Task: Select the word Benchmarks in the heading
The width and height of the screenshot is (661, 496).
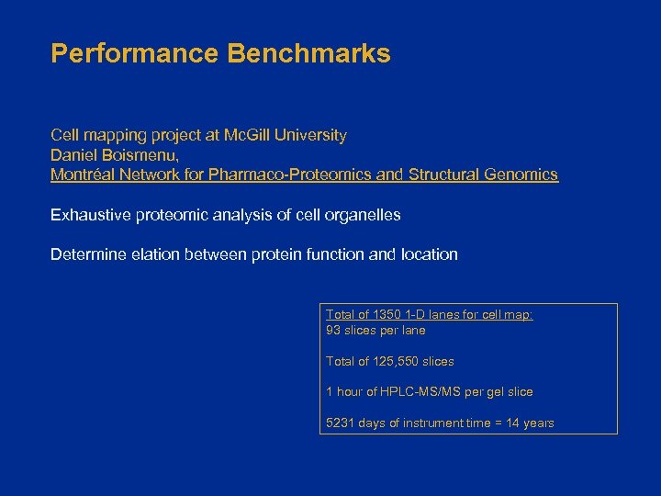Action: tap(308, 53)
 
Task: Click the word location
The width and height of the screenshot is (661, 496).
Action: tap(429, 254)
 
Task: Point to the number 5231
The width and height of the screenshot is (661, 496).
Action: tap(341, 423)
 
